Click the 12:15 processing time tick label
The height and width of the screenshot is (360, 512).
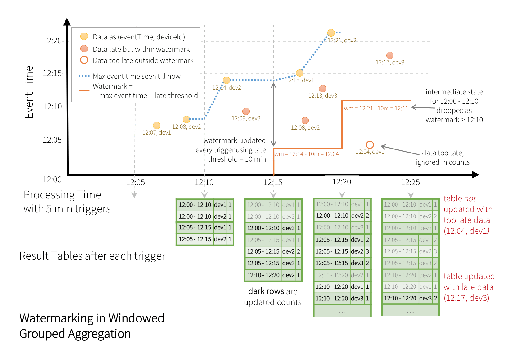tap(273, 182)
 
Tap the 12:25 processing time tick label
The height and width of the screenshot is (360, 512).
tap(410, 182)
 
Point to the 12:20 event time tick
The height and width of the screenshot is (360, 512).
tap(52, 41)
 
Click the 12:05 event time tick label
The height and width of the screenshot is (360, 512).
tap(52, 140)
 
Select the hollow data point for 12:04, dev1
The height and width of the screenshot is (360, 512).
tap(370, 145)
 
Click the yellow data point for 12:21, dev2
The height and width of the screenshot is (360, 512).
tap(331, 33)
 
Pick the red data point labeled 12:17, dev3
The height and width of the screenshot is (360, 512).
tap(390, 56)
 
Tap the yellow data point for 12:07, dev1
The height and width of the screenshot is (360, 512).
tap(157, 126)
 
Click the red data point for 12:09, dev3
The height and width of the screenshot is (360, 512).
tap(246, 111)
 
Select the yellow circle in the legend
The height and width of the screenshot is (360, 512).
tap(84, 37)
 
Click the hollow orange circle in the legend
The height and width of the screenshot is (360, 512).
tap(84, 60)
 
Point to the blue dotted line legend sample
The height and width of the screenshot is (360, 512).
tap(84, 76)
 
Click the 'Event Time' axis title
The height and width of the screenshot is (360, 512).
tap(29, 92)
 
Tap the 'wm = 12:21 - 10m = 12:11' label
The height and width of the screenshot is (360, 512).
tap(376, 108)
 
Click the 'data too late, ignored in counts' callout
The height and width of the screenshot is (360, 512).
tap(442, 158)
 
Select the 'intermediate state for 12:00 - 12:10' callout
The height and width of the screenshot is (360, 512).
tap(454, 106)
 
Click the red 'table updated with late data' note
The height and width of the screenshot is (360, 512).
tap(469, 287)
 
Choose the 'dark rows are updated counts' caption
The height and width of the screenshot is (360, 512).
tap(273, 297)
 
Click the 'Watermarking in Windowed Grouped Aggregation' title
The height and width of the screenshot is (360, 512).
tap(92, 326)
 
